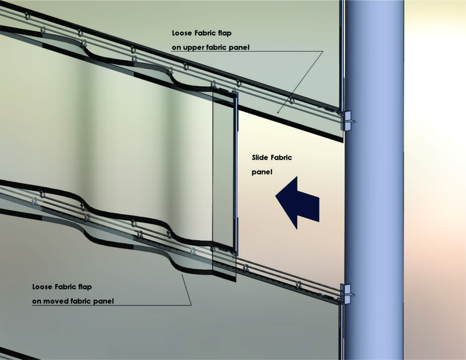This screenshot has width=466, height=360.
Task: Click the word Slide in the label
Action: (x=259, y=158)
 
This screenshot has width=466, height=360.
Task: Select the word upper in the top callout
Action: (x=194, y=48)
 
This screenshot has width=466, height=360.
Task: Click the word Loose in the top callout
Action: (x=182, y=33)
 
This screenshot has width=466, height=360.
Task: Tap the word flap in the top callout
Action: (x=224, y=33)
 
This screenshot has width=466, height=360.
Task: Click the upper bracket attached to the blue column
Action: (x=348, y=120)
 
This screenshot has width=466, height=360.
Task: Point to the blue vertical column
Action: (x=374, y=180)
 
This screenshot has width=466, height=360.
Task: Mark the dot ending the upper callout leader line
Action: (x=278, y=113)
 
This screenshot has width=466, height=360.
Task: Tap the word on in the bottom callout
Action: (x=37, y=301)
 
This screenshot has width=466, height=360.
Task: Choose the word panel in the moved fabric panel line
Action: (x=104, y=301)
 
